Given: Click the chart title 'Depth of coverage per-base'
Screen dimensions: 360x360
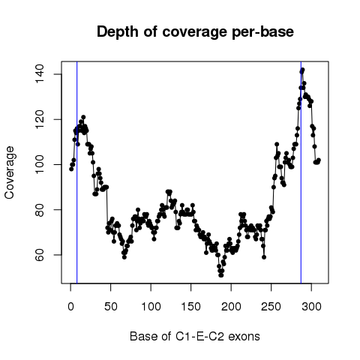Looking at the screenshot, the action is [195, 32].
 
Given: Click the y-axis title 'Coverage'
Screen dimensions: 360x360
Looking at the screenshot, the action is [9, 172].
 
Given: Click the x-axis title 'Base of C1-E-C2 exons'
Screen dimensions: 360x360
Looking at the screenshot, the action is [195, 337].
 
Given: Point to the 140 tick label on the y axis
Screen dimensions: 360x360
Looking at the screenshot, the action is [40, 74].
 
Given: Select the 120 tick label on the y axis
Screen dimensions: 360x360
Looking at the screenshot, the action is [40, 119].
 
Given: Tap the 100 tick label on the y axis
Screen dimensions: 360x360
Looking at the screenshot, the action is [40, 164].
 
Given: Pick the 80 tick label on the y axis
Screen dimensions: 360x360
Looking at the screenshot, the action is [40, 210].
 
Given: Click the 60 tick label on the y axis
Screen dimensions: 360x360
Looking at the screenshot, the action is [40, 255].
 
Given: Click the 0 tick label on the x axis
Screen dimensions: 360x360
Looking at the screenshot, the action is [70, 307].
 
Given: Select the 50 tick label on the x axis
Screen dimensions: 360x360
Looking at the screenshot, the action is [111, 307].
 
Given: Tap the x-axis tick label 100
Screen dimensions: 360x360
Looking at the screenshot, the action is [151, 307].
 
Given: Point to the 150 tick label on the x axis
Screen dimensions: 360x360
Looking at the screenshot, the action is [191, 307].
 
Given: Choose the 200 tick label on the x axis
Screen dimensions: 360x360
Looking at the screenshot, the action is [231, 307].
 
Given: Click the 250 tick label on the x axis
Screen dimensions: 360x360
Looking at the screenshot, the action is [271, 307].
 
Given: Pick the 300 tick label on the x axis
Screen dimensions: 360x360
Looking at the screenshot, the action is [311, 307].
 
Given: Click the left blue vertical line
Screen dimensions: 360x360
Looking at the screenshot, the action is [77, 172].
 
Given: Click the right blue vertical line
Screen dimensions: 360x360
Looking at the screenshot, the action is [301, 172].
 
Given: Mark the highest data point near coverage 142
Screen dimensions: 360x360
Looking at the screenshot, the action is [302, 70].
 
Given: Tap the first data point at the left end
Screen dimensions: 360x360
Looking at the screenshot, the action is [71, 169].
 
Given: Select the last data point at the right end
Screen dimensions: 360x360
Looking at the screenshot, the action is [319, 160].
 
